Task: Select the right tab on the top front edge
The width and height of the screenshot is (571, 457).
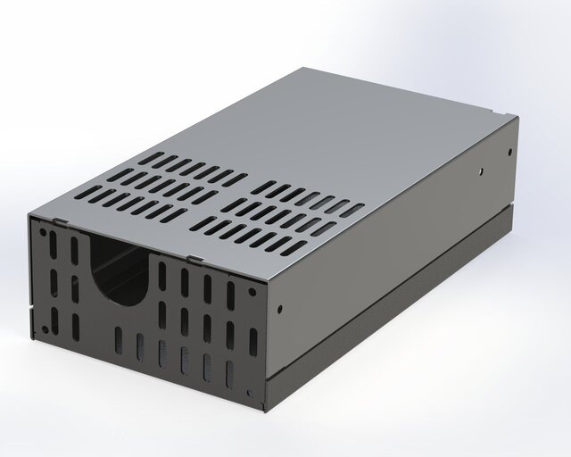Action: click(193, 259)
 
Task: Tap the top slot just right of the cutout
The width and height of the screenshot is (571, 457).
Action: click(163, 272)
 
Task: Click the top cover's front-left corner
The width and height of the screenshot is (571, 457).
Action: click(30, 215)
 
